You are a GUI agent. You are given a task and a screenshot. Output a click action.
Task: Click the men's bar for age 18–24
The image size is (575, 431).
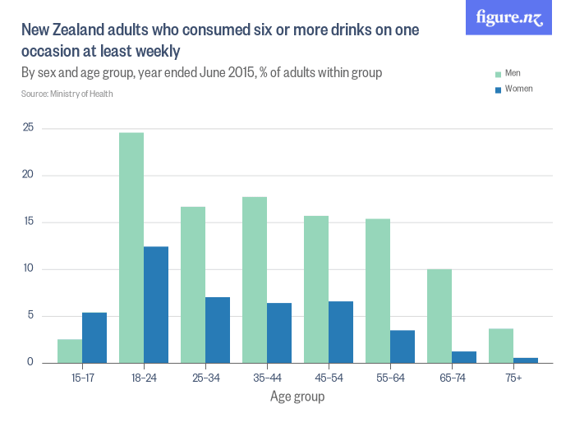[131, 247]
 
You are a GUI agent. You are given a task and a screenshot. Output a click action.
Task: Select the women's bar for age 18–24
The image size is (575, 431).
[156, 305]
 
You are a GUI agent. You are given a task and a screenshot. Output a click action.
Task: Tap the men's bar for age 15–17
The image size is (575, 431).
[70, 351]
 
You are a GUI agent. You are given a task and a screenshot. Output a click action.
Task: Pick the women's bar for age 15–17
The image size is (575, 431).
[94, 337]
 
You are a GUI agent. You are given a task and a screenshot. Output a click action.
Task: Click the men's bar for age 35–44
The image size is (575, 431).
[255, 279]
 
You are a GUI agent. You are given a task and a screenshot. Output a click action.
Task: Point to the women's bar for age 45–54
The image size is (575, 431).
[341, 332]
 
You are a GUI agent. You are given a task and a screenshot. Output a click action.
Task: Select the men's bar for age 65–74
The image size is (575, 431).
[439, 315]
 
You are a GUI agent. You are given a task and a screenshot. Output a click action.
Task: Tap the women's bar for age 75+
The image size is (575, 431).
[526, 360]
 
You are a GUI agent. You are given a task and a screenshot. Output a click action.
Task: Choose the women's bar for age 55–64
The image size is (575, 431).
[402, 346]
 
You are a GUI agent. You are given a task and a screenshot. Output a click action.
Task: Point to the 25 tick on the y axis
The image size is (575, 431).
[28, 128]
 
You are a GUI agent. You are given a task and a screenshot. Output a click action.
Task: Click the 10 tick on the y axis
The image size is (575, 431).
[28, 268]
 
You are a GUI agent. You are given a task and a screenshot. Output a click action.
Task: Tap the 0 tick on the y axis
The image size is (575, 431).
[30, 362]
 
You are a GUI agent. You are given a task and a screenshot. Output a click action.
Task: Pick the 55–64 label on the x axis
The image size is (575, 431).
[389, 378]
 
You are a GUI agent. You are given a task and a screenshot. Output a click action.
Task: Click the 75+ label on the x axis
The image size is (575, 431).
[513, 378]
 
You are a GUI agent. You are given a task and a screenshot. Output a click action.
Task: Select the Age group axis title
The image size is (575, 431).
[297, 397]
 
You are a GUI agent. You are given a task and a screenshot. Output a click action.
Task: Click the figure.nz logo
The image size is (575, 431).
[509, 18]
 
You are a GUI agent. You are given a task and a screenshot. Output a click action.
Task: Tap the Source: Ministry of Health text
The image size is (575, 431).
[67, 94]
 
